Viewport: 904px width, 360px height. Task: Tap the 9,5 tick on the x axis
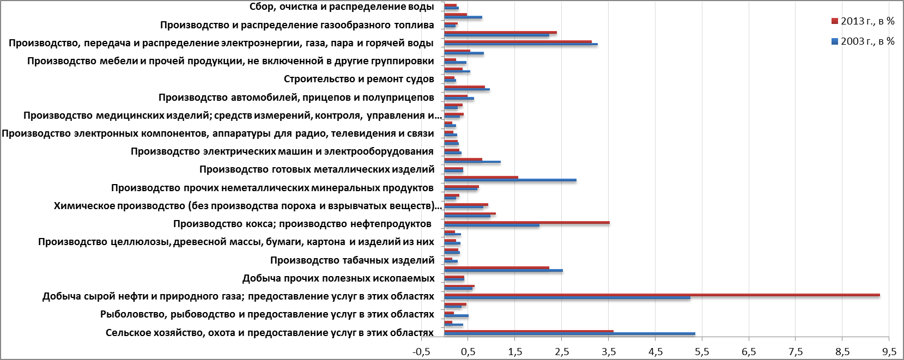(x=889, y=352)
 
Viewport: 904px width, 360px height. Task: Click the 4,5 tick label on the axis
(x=656, y=352)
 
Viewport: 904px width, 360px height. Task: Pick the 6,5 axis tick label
(x=749, y=352)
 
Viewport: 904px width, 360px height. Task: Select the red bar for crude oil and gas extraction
(x=662, y=295)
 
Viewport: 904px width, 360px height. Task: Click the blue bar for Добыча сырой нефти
(x=567, y=298)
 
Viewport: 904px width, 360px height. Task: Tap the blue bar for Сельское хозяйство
(x=569, y=334)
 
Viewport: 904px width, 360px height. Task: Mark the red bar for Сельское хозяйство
(x=529, y=331)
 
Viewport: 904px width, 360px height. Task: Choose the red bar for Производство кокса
(x=527, y=222)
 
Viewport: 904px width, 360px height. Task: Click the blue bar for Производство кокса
(x=492, y=225)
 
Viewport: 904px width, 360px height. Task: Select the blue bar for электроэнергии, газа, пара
(x=521, y=44)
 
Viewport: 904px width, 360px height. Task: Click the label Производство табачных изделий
(x=352, y=260)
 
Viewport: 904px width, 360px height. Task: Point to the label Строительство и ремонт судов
(x=359, y=79)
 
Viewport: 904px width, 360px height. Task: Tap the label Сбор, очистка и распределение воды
(x=341, y=7)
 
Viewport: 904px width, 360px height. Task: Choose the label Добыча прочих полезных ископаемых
(x=338, y=278)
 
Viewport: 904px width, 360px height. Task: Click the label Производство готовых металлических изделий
(x=317, y=169)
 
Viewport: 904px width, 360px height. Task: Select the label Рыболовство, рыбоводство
(x=267, y=314)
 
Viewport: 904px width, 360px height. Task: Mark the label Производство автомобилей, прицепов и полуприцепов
(x=296, y=97)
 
